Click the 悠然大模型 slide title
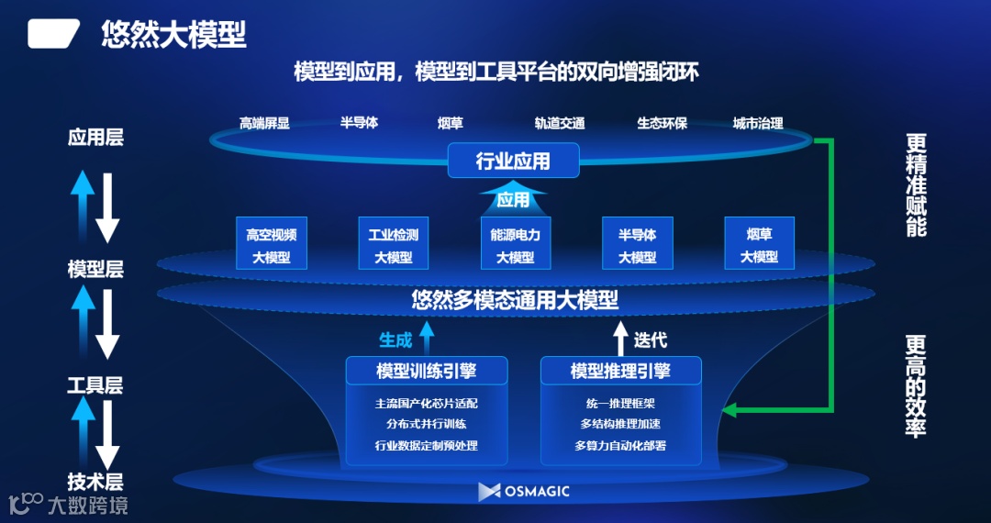coord(173,36)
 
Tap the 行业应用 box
coord(513,161)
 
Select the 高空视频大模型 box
coord(271,244)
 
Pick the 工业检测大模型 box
coord(393,244)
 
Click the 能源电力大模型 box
coord(515,244)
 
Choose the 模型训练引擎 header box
coord(427,371)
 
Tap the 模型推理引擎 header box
coord(620,371)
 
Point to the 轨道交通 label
coord(560,123)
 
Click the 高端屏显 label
coord(264,123)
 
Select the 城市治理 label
coord(758,123)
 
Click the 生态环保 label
coord(662,123)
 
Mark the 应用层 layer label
coord(95,138)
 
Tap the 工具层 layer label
coord(95,385)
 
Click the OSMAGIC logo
coord(524,491)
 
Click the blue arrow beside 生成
coord(426,337)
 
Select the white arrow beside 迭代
coord(620,337)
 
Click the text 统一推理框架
coord(620,403)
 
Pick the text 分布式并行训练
coord(427,424)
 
